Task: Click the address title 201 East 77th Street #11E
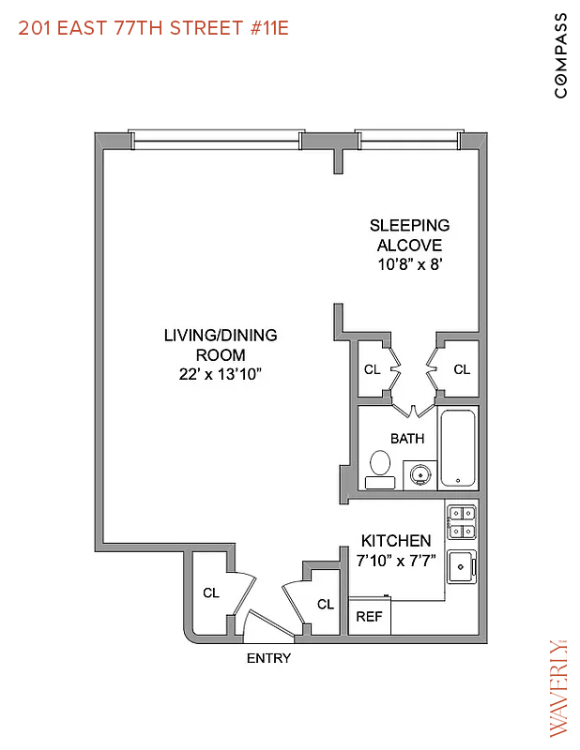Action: coord(154,28)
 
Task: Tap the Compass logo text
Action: coord(560,55)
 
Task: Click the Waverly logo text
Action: coord(557,686)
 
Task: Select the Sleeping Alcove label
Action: coord(409,234)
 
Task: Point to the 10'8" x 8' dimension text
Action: coord(409,264)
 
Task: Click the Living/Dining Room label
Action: coord(221,344)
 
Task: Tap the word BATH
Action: coord(407,438)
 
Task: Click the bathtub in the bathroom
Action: coord(458,447)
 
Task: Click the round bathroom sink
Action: coord(420,474)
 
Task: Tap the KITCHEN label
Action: coord(396,541)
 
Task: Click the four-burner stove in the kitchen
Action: coord(462,522)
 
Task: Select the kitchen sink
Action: coord(462,565)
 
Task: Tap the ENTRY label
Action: coord(268,658)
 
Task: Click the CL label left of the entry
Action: coord(211,592)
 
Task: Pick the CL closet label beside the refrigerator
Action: coord(325,605)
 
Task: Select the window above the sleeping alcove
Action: coord(408,140)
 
